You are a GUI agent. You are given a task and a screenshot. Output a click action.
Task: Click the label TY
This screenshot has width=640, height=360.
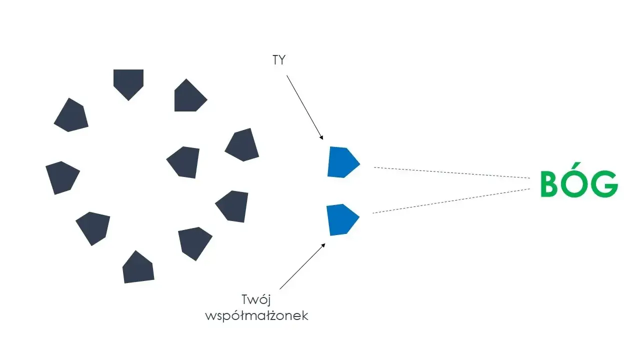tap(278, 60)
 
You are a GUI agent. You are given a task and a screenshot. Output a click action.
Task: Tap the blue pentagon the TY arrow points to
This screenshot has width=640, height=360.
tap(342, 162)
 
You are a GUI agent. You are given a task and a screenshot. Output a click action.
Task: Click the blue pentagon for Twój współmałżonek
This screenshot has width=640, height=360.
tap(341, 219)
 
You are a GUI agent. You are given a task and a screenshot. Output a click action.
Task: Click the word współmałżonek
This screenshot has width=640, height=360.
tap(256, 316)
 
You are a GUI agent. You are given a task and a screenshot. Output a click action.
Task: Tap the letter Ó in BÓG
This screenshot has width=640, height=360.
tap(579, 184)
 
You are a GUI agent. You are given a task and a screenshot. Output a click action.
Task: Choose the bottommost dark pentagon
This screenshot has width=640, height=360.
tap(138, 267)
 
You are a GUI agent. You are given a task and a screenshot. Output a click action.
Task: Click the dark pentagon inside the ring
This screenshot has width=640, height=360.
tap(184, 161)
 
